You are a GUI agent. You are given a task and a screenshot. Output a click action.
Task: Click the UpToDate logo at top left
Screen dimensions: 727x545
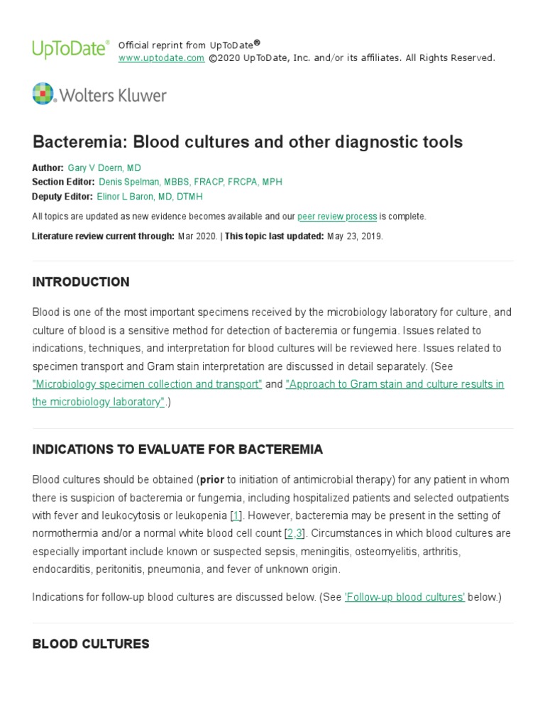pos(70,49)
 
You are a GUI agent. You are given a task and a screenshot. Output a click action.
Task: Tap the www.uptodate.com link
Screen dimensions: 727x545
pos(161,58)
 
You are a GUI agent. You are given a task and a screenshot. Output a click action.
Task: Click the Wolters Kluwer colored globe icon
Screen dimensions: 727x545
pos(43,94)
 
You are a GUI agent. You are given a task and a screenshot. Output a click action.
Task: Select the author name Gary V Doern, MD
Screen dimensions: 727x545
pos(104,168)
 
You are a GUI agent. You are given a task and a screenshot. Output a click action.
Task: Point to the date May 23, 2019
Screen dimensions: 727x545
pos(355,236)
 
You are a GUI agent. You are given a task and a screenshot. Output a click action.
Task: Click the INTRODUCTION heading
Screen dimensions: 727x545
pos(81,282)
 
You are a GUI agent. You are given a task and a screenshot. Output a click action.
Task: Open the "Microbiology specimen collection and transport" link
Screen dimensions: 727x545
pos(148,384)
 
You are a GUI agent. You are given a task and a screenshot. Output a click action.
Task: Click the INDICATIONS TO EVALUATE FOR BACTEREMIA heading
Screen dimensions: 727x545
pos(177,449)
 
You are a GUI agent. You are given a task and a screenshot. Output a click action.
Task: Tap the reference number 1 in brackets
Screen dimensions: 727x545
pos(236,515)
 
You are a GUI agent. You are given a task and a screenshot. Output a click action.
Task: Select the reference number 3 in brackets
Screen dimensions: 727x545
pos(299,533)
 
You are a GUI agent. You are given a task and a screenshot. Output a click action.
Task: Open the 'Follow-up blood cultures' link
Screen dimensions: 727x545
pos(404,597)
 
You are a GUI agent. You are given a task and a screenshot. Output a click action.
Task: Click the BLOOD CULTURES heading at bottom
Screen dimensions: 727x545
pos(91,644)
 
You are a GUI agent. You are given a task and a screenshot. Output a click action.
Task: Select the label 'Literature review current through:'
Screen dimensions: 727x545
pos(103,236)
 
